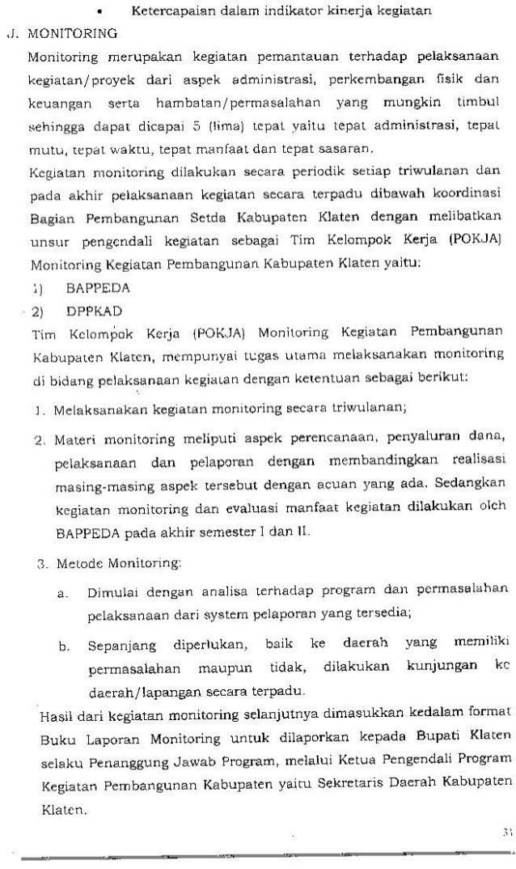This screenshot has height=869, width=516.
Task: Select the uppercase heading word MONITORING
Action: click(72, 35)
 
